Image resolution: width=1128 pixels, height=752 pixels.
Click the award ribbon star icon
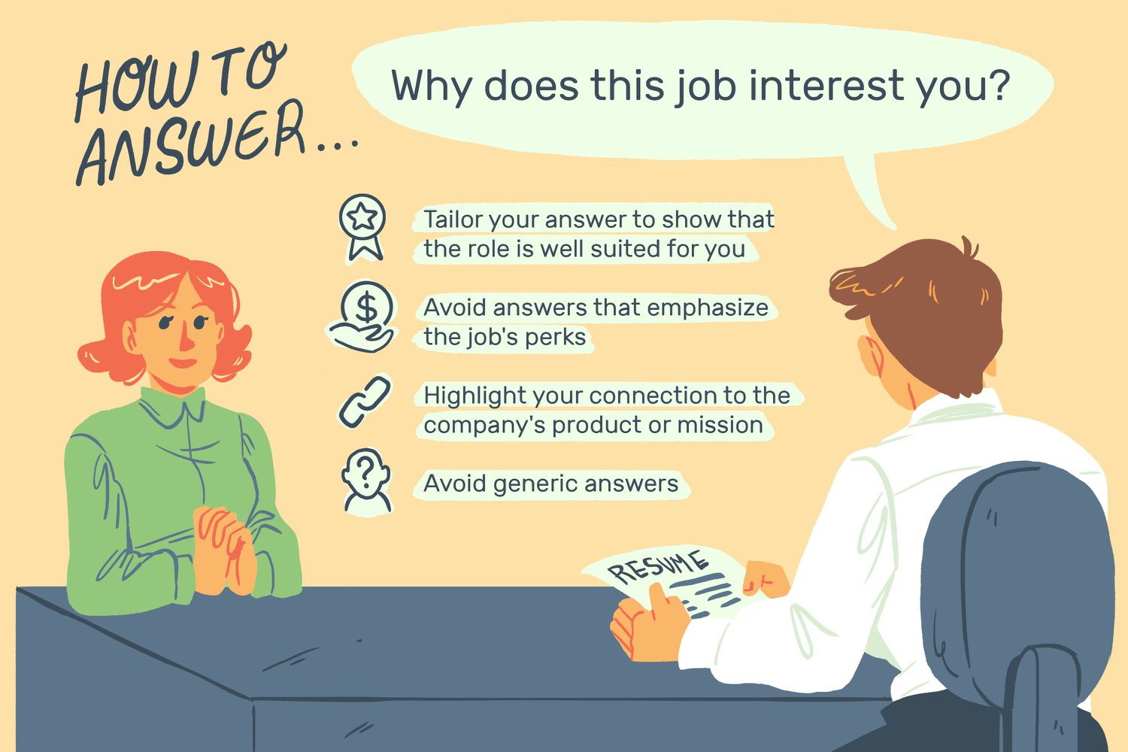362,226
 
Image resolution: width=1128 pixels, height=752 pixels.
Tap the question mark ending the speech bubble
997,85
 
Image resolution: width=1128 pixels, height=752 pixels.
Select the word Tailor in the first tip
453,220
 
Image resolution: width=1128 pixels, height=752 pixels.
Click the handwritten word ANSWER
192,147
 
